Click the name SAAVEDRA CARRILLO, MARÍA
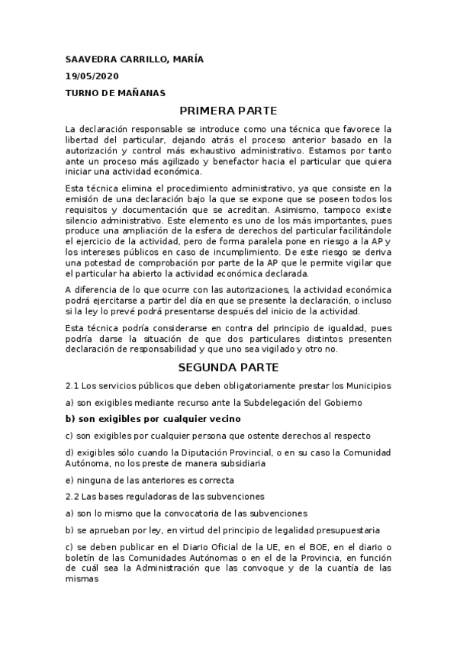[x=134, y=60]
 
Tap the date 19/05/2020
[x=92, y=76]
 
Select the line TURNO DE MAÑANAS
[x=115, y=93]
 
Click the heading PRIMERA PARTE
[x=227, y=111]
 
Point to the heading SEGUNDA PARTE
[x=227, y=367]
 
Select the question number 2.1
[x=72, y=385]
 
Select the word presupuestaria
[x=344, y=530]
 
